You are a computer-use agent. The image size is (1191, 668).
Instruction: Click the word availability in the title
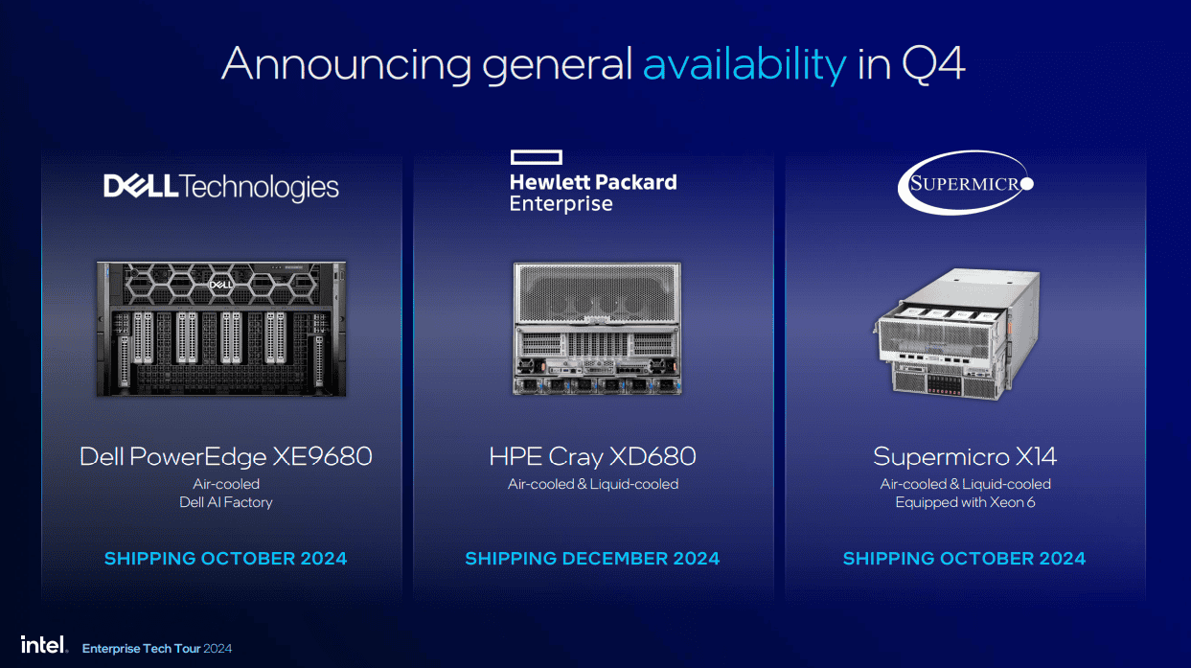[744, 65]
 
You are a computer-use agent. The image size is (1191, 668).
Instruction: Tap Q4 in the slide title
[933, 64]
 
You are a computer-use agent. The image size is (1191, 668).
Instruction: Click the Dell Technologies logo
[221, 187]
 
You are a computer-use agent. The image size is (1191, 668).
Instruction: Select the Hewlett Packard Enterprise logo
[593, 182]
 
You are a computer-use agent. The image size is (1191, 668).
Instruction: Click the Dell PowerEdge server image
[221, 329]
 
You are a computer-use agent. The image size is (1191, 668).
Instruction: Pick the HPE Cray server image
[597, 328]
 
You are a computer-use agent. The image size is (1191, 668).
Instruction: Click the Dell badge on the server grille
[220, 285]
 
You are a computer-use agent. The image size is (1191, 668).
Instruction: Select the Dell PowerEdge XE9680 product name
[226, 456]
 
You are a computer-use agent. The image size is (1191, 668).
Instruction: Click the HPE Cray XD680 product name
[593, 456]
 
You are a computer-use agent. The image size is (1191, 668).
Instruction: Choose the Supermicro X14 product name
[965, 456]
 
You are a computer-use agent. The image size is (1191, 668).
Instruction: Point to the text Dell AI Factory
[226, 502]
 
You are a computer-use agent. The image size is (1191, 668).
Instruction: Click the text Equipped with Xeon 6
[966, 502]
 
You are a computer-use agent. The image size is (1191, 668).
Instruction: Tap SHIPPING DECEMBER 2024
[592, 559]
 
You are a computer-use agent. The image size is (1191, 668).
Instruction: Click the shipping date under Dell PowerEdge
[225, 559]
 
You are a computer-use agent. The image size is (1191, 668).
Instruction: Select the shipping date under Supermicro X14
[965, 559]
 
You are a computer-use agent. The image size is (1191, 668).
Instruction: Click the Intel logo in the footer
[45, 645]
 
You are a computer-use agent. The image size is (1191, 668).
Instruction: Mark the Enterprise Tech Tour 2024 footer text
[157, 648]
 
